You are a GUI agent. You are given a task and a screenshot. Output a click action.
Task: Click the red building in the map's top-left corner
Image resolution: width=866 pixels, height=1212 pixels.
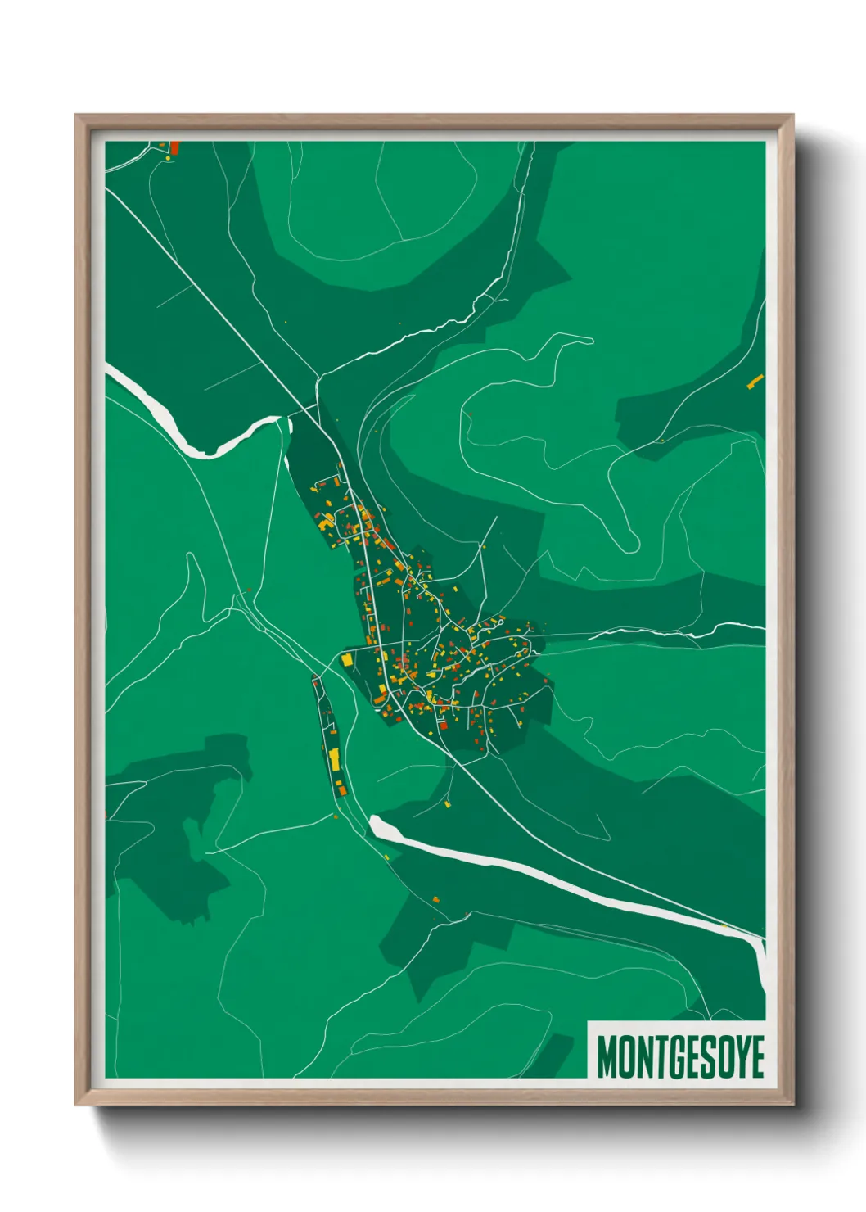pos(174,148)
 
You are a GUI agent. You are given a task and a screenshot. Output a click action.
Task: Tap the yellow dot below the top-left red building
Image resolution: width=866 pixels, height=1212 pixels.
pos(169,158)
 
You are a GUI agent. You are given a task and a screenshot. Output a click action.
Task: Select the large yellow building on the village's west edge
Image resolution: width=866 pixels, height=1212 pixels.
pos(347,659)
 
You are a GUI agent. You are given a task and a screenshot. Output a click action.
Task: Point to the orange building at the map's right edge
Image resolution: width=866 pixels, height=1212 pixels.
pos(755,380)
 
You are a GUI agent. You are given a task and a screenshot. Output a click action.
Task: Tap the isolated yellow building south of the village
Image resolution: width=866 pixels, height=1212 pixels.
pos(449,804)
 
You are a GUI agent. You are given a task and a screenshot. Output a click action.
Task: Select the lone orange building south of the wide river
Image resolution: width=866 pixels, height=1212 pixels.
pos(435,899)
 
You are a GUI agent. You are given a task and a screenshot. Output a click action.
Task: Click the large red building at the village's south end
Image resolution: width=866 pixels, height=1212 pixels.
pos(443,724)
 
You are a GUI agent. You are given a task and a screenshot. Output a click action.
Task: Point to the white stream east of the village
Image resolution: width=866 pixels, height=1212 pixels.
pos(671,633)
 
